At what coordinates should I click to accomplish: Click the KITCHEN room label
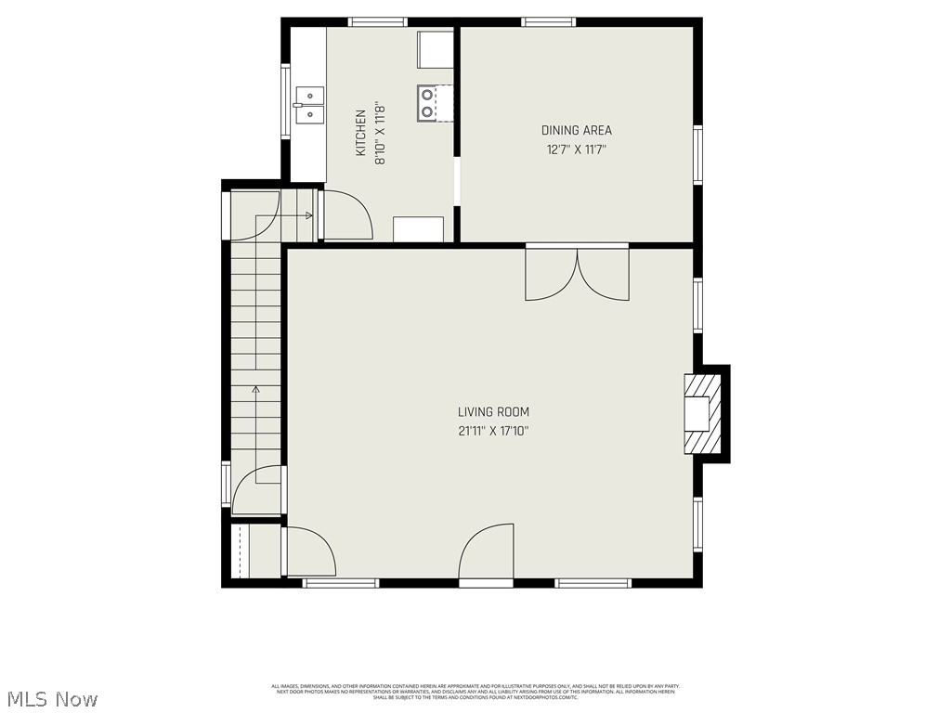[x=360, y=132]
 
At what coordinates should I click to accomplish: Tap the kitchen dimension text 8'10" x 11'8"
[x=380, y=134]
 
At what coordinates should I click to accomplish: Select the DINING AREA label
[x=577, y=131]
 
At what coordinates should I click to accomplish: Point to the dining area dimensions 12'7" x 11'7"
[x=577, y=149]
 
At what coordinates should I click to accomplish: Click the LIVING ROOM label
[x=493, y=412]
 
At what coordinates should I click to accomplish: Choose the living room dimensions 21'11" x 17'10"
[x=493, y=431]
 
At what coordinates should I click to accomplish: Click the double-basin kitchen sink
[x=309, y=105]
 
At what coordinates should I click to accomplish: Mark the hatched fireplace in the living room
[x=701, y=412]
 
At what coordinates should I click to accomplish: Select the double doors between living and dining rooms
[x=577, y=273]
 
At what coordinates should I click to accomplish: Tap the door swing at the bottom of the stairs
[x=257, y=490]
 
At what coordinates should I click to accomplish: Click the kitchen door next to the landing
[x=345, y=215]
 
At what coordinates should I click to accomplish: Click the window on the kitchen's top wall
[x=377, y=22]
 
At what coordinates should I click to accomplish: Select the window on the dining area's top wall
[x=548, y=22]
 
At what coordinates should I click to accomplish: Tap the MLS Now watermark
[x=51, y=698]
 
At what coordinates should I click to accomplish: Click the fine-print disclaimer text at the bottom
[x=475, y=692]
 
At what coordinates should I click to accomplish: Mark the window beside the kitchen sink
[x=286, y=100]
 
